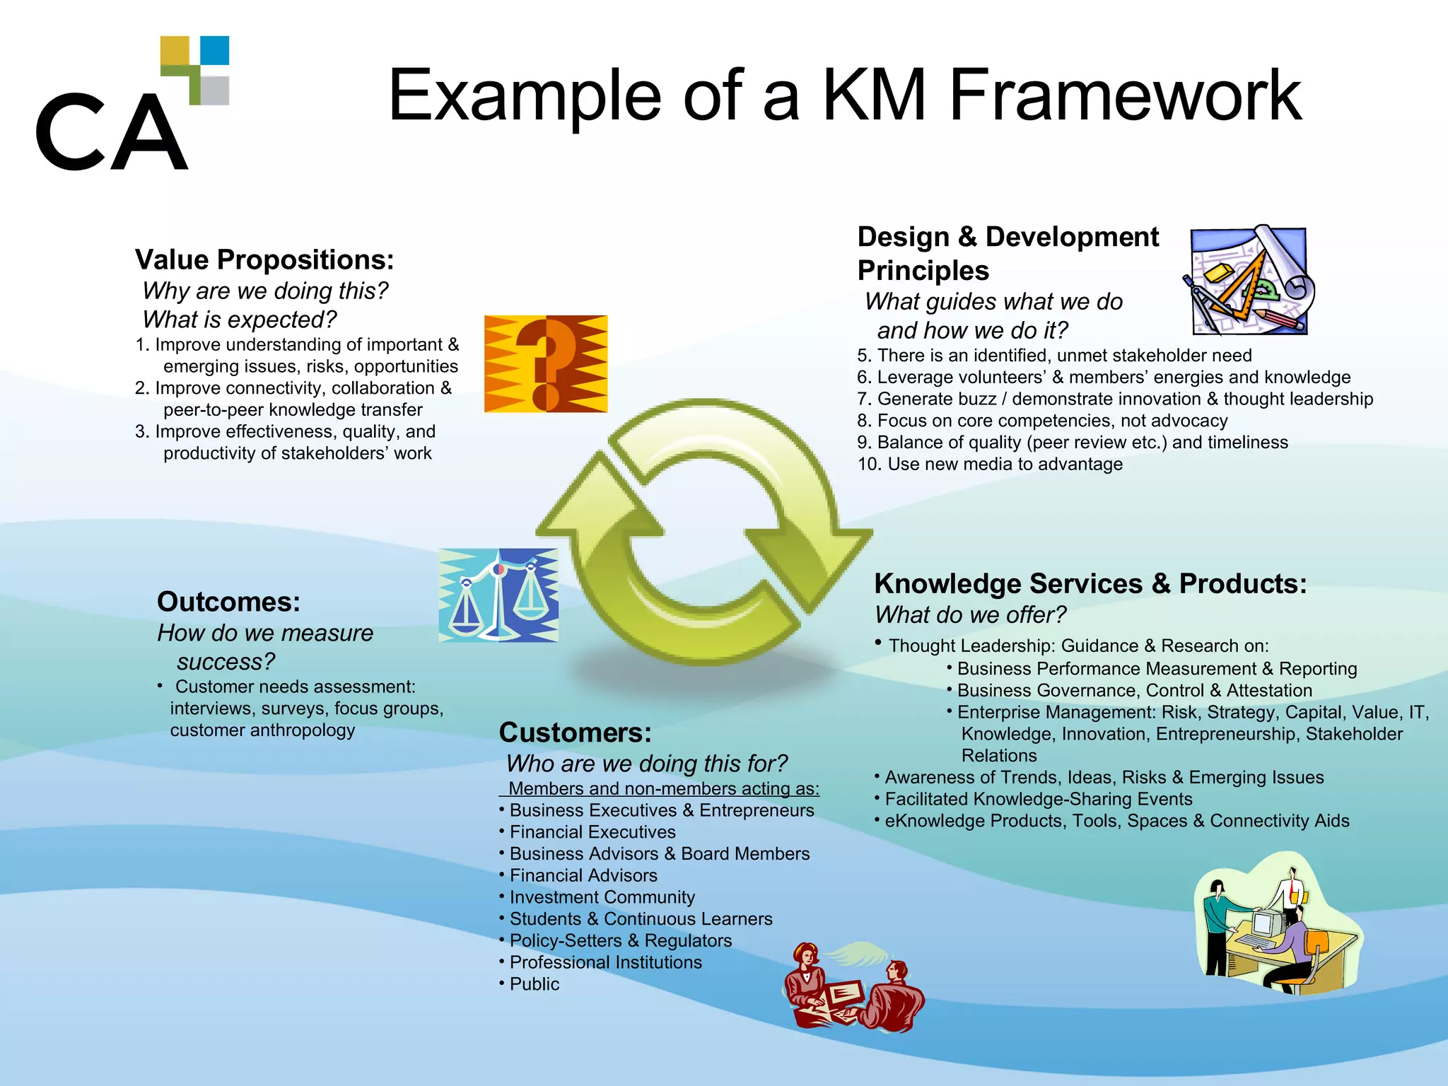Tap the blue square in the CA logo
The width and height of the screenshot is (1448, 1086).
(214, 50)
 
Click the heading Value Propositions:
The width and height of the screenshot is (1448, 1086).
(264, 259)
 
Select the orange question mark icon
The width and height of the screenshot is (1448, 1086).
(545, 363)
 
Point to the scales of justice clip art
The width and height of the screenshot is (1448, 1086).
(498, 595)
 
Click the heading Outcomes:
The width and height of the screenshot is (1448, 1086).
(228, 602)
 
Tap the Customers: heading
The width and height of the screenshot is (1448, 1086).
(575, 732)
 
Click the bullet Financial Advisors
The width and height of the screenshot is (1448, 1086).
(583, 875)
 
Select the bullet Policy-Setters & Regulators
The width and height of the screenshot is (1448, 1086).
(620, 940)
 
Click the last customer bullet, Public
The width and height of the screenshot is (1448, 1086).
(534, 984)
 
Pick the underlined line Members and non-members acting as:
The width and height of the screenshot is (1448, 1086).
(663, 788)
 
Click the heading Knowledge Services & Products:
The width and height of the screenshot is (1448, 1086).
(1090, 584)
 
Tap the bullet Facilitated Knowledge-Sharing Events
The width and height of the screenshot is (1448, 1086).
(1038, 799)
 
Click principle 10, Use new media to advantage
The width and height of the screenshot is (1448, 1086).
(990, 464)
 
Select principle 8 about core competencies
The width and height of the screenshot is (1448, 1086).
(1042, 421)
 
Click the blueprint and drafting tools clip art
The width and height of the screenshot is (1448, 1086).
(1249, 281)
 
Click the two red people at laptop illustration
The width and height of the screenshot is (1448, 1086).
(853, 987)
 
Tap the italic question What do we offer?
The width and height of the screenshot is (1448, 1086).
(970, 615)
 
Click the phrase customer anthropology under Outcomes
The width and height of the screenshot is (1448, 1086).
(262, 730)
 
